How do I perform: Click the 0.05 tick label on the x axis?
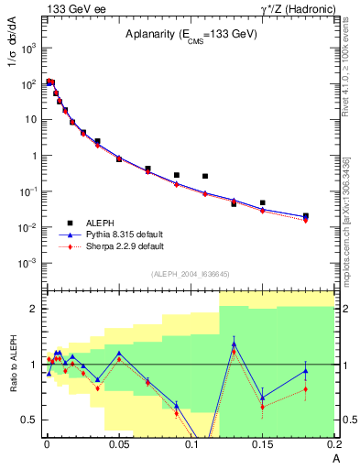(x=119, y=444)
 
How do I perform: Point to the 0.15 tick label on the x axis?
(x=263, y=444)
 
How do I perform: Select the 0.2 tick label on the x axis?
(x=333, y=444)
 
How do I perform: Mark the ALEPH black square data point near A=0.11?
(x=205, y=176)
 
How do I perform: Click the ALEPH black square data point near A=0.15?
(x=263, y=202)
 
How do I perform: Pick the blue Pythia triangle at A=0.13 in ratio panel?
(x=234, y=344)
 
